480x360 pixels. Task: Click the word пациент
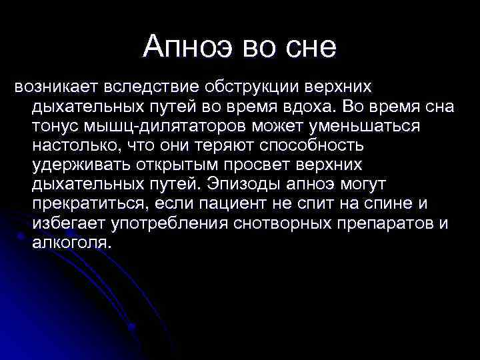237,203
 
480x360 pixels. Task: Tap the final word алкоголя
69,242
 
